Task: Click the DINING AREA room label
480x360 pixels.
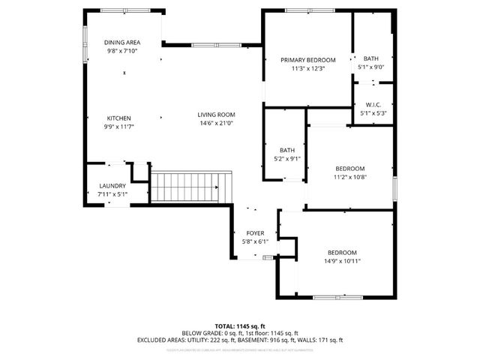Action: (x=121, y=43)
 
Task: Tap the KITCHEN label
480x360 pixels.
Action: (x=119, y=118)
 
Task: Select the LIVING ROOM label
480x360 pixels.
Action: (x=216, y=115)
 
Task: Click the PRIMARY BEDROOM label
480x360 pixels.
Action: (x=307, y=60)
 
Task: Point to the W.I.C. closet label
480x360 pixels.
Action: (x=374, y=104)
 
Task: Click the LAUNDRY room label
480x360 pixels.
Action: (x=112, y=186)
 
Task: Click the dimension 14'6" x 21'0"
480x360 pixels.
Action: (x=216, y=124)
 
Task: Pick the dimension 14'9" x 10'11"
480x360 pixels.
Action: (x=341, y=261)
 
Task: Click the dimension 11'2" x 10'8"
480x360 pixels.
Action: (x=349, y=178)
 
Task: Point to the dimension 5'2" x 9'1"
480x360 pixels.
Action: (x=287, y=158)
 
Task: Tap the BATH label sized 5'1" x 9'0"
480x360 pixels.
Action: (x=371, y=58)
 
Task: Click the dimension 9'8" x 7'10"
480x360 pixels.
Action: (x=121, y=51)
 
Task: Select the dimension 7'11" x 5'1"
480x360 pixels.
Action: (x=112, y=194)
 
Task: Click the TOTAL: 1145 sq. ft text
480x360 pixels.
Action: (x=239, y=326)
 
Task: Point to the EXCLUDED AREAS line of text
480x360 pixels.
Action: (x=239, y=340)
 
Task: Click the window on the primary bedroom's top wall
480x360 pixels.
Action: (x=307, y=10)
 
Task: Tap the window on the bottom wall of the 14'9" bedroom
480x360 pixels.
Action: (x=335, y=297)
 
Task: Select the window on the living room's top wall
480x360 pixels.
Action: (x=214, y=46)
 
